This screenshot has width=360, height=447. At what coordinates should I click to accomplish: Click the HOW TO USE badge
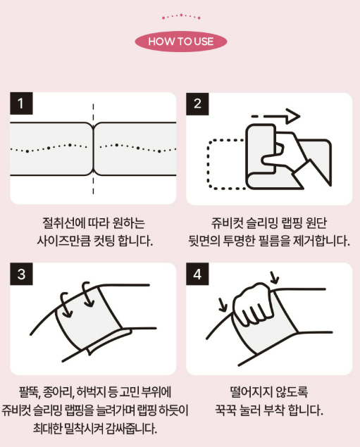point(181,42)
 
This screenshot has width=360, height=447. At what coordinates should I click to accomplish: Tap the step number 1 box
point(21,103)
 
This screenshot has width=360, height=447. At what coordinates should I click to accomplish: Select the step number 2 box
point(197,103)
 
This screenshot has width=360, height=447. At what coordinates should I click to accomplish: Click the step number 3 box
point(21,274)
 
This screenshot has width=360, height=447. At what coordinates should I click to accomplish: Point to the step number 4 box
point(197,274)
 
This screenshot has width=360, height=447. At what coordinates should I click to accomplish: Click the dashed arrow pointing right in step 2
point(275,116)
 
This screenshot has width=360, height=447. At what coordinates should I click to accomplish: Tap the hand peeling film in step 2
point(288,154)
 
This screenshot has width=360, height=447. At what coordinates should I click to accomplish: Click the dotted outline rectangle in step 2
point(225,164)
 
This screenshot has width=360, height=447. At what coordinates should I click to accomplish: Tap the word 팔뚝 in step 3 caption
point(28,392)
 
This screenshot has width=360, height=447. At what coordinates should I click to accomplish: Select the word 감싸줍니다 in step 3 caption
point(131,428)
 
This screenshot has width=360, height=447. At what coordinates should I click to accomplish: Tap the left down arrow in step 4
point(223,305)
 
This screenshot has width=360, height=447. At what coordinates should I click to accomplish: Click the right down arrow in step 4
point(275,277)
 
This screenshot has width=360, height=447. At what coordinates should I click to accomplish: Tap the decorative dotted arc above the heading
point(181,16)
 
